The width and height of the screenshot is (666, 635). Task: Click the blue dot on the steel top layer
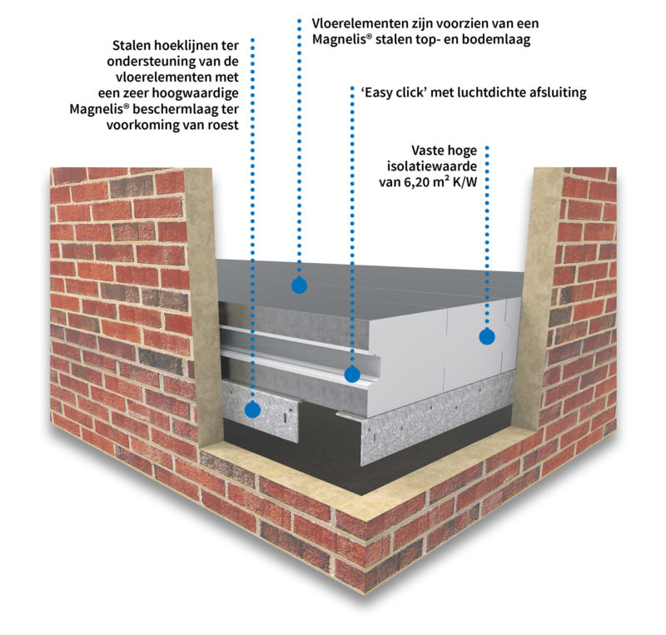pos(299,285)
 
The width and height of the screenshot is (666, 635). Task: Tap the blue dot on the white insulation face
pos(487,337)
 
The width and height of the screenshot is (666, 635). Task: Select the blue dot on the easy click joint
pos(352,375)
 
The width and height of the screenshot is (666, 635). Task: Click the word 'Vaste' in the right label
pos(431,151)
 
